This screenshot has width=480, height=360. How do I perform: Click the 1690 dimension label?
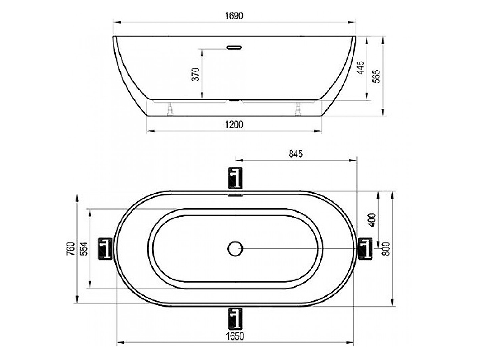(234, 16)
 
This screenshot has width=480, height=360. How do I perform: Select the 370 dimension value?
(196, 74)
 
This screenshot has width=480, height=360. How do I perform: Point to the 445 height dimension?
(361, 67)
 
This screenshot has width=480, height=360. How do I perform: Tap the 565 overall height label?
(376, 76)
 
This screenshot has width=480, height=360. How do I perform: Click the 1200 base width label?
(234, 125)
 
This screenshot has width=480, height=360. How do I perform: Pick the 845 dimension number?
(296, 153)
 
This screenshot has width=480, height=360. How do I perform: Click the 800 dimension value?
(386, 248)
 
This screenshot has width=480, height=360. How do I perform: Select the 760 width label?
(71, 249)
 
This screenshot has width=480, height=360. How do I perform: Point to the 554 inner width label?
(84, 249)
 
